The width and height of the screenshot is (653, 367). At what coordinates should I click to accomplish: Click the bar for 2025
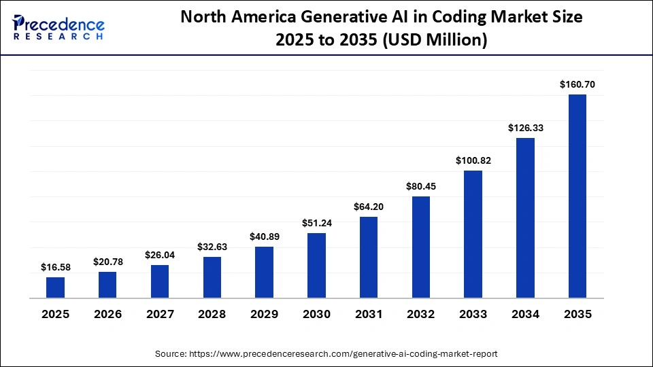(55, 287)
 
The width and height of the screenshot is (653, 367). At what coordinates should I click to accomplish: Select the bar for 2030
(316, 265)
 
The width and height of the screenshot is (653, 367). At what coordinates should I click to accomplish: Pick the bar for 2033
(473, 234)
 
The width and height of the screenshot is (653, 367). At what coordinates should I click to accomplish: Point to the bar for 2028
(212, 277)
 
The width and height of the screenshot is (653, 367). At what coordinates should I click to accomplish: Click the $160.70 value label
(577, 85)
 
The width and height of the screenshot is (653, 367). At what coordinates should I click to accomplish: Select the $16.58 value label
(55, 268)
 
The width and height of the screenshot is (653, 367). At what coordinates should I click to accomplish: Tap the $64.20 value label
(368, 207)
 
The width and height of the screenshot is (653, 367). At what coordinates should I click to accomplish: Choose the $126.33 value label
(525, 128)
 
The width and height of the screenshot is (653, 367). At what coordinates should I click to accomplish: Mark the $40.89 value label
(264, 237)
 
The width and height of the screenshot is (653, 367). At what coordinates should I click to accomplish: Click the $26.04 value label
(159, 255)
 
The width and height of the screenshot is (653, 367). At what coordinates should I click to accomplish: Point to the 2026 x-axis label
(107, 315)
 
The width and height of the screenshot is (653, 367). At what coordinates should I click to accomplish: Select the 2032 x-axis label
(420, 315)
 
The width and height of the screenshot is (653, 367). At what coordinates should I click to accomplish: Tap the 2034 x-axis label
(525, 315)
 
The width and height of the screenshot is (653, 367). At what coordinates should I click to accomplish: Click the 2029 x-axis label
(264, 315)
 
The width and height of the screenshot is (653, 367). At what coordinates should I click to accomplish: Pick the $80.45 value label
(420, 186)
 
